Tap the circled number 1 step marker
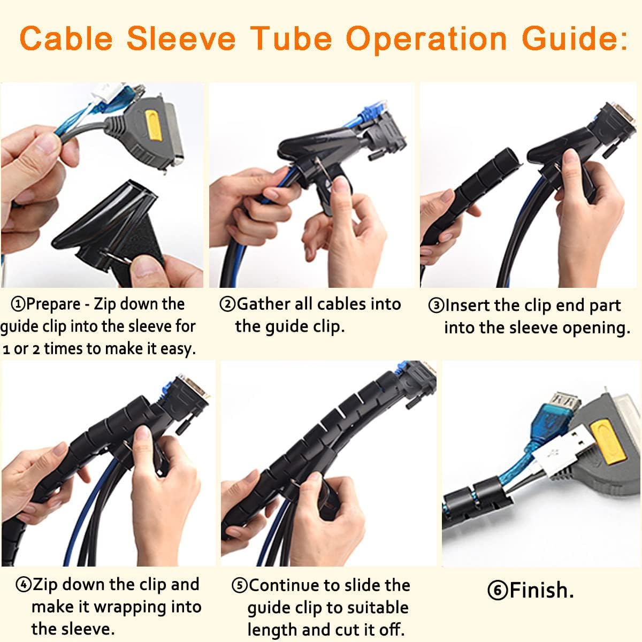coord(19,304)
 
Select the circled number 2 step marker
coord(227,304)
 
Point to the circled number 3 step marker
coord(437,306)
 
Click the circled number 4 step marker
coord(24,585)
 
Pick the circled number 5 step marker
coord(239,586)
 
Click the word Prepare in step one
coord(53,304)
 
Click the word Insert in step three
coord(468,305)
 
